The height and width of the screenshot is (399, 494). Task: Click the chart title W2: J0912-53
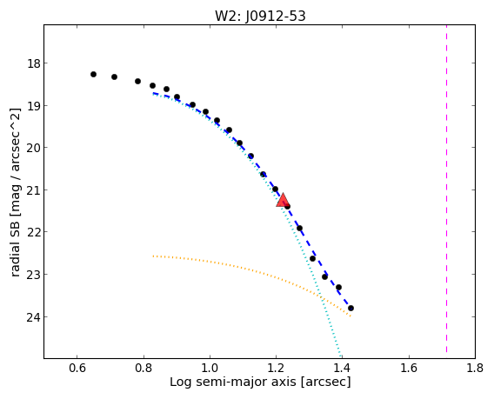[260, 16]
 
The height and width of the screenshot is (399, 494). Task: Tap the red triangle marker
[283, 200]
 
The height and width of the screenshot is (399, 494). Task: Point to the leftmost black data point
[93, 74]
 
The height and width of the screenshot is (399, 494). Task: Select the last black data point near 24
[350, 308]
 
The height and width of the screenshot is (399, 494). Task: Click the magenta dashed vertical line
[446, 189]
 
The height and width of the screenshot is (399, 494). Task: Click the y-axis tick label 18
[33, 63]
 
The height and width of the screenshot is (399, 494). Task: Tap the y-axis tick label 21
[33, 190]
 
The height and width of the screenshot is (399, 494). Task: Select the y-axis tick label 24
[33, 316]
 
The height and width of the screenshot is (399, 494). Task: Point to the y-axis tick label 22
[33, 232]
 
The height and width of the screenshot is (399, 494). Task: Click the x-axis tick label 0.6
[77, 368]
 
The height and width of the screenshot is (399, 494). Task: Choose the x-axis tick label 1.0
[210, 368]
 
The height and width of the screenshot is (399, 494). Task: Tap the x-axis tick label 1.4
[343, 368]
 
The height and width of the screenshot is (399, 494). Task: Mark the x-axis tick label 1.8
[475, 368]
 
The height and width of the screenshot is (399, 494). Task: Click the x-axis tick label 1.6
[409, 368]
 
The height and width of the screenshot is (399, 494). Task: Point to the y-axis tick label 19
[33, 105]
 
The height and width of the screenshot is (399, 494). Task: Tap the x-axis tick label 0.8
[144, 368]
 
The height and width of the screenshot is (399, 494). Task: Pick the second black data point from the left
[114, 76]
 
